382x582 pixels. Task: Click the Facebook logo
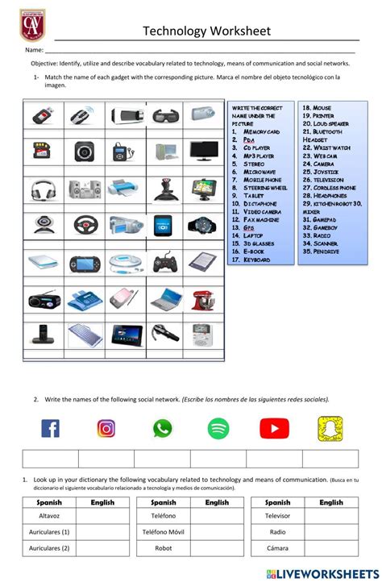point(50,428)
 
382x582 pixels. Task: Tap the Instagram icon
point(106,428)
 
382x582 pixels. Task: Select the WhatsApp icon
point(163,428)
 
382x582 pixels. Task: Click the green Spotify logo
point(218,428)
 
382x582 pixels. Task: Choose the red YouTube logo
point(274,428)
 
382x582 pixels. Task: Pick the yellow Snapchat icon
point(330,428)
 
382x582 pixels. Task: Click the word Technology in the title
point(175,31)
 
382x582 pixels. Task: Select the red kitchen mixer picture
point(202,299)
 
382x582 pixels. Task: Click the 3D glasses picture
point(164,115)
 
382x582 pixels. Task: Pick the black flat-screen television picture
point(203,151)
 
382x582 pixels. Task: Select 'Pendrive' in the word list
point(321,251)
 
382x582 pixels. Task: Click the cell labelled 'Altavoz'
point(50,516)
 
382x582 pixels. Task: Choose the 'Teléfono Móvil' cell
point(163,532)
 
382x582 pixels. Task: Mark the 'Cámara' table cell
point(278,548)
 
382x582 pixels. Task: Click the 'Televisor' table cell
point(278,516)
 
